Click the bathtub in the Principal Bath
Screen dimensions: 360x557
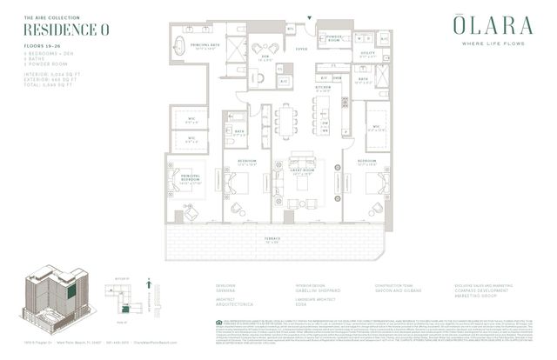(180, 45)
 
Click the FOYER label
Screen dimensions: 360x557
(301, 49)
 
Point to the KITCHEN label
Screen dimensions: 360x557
(323, 87)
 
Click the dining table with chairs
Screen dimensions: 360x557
(286, 121)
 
